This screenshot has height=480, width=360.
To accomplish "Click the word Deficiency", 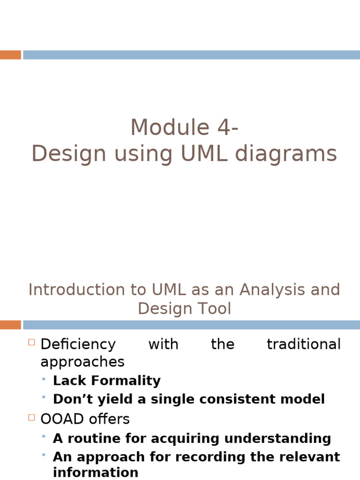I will (x=78, y=345).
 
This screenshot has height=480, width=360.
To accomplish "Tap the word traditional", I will (x=303, y=345).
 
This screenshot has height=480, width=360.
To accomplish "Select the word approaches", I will (x=82, y=362).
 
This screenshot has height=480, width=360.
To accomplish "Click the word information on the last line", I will (x=96, y=472).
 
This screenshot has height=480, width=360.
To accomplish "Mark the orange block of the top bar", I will (x=10, y=55).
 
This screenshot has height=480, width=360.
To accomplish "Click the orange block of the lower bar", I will (x=10, y=325).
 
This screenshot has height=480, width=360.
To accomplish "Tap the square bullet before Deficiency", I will (x=32, y=343).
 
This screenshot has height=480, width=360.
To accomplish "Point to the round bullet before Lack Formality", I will (x=44, y=379).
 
